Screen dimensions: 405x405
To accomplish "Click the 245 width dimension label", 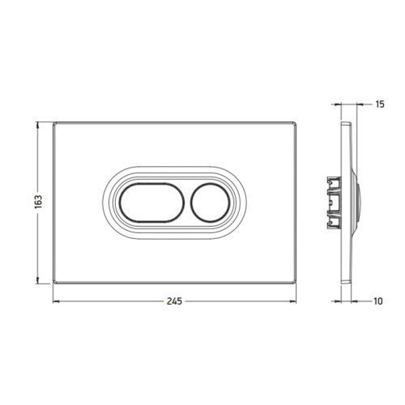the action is click(174, 301).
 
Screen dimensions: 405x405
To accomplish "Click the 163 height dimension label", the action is click(39, 202).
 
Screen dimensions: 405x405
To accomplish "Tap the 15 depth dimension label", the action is click(380, 104).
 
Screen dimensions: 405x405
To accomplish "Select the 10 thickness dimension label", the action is click(378, 301).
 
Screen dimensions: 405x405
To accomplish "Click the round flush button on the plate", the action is click(210, 202).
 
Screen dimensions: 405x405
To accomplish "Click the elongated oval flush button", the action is click(152, 202).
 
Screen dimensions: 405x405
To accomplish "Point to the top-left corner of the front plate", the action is click(53, 122).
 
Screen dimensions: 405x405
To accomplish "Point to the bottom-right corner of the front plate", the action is click(296, 283).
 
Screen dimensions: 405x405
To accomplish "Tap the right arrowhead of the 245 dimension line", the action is click(293, 301).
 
